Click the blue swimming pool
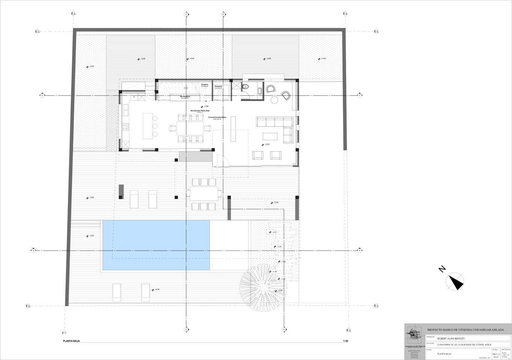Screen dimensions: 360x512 click(x=156, y=244)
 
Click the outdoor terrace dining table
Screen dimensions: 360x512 click(x=205, y=194)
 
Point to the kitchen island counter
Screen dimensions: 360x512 click(x=148, y=126)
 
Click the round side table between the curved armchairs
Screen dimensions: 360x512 click(x=274, y=100)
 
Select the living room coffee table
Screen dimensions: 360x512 click(x=270, y=136)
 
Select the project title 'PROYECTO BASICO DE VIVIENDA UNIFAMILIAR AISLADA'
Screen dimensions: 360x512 click(x=465, y=330)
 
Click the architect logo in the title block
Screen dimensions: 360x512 click(x=415, y=333)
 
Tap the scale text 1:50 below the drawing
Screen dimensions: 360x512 click(x=345, y=341)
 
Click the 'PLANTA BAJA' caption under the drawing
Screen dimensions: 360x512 click(x=71, y=341)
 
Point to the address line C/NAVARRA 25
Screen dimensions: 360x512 click(x=464, y=345)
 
